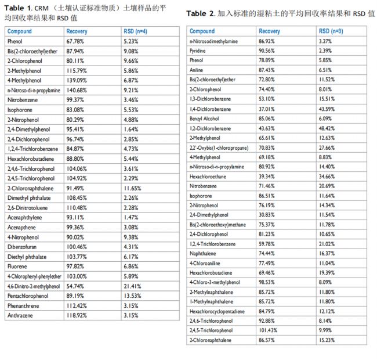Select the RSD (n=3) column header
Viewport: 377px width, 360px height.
tap(333, 31)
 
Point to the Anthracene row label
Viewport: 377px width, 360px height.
tap(20, 315)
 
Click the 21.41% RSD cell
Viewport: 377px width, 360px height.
tap(132, 286)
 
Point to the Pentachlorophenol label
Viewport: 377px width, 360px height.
tap(28, 296)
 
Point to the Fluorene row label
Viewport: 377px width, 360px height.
tap(17, 267)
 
